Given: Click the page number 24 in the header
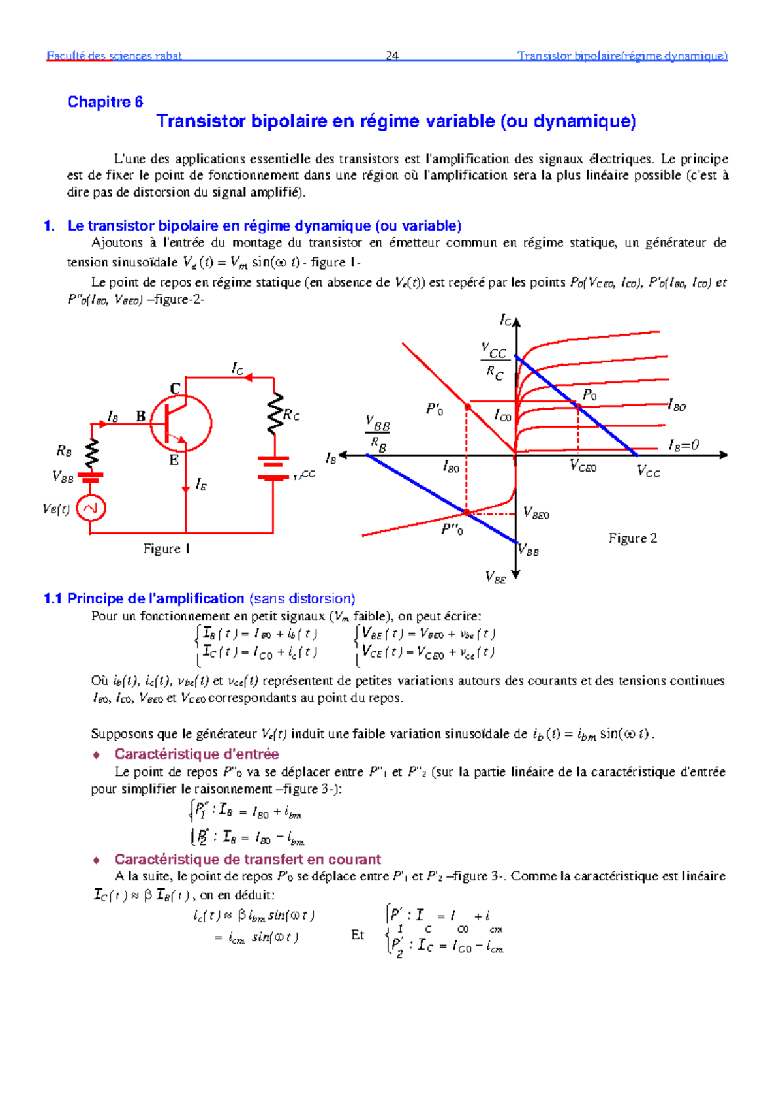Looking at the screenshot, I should (392, 56).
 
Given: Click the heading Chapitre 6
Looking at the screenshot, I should (105, 102).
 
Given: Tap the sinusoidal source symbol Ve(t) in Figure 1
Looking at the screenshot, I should (91, 508).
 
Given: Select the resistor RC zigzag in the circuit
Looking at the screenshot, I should (276, 413).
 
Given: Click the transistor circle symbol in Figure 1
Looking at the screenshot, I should (181, 423).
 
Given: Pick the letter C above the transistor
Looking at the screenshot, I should (175, 389).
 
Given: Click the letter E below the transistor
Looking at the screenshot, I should (174, 460).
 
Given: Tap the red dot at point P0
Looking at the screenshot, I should (578, 406).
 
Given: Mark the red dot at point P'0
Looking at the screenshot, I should (467, 407).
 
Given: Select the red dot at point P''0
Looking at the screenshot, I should (467, 513).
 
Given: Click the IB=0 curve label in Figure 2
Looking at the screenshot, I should (683, 445).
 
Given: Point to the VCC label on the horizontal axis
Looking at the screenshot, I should (648, 472).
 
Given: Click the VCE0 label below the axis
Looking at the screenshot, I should (583, 466).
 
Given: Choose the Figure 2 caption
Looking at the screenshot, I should (632, 538).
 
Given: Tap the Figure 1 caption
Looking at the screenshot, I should (166, 549).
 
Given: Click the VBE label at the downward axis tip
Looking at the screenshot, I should (496, 577).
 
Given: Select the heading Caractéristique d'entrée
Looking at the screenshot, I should (196, 754).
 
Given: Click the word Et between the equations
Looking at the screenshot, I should (358, 935).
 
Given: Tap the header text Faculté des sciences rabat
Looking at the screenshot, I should (114, 56).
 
